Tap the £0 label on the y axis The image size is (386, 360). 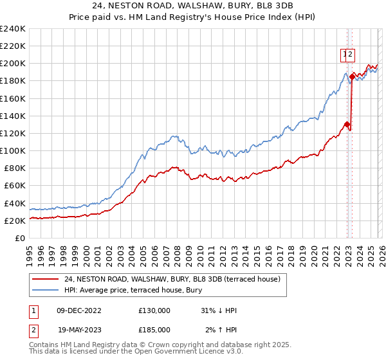point(21,238)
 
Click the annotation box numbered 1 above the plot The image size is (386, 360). point(344,55)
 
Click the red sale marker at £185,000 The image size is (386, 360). point(352,77)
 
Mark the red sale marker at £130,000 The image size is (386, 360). point(347,125)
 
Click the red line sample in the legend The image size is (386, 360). point(46,279)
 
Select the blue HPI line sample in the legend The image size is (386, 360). point(46,291)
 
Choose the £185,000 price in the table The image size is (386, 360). point(154,329)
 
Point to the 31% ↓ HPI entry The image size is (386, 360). point(219,310)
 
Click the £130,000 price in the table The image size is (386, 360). point(154,310)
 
